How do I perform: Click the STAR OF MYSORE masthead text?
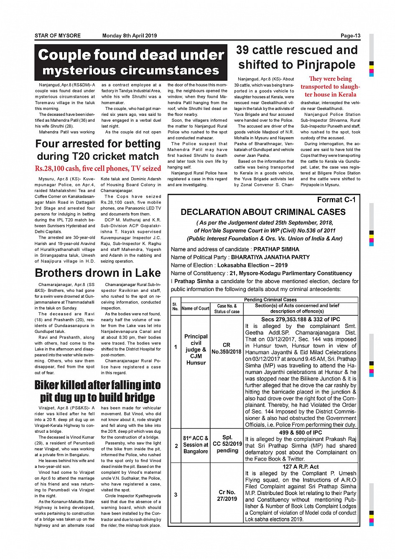[58, 36]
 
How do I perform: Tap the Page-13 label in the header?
[350, 36]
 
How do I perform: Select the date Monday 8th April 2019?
[130, 36]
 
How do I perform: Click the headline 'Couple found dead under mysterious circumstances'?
[131, 62]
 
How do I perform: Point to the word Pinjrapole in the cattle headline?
[326, 65]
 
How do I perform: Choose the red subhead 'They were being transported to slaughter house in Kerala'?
[330, 87]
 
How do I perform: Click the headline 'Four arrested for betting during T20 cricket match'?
[98, 150]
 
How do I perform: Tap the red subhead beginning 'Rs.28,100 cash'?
[98, 168]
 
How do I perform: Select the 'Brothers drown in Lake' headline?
[98, 273]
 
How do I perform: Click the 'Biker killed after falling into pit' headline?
[98, 391]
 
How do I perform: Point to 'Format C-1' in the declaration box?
[336, 200]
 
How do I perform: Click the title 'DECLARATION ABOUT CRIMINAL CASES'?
[263, 212]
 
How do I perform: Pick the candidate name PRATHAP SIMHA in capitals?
[276, 249]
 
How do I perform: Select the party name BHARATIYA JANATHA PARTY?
[270, 257]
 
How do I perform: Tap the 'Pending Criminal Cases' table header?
[270, 300]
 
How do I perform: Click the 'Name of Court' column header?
[195, 309]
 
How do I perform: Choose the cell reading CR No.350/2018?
[227, 348]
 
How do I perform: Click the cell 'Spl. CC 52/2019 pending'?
[227, 444]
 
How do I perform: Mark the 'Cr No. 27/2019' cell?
[227, 495]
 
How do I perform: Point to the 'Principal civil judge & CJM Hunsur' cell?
[196, 350]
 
